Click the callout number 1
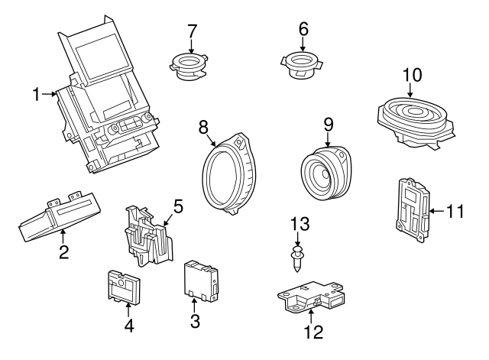[37, 95]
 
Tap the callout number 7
[193, 31]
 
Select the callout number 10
[413, 75]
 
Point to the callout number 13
[300, 224]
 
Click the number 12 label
[314, 332]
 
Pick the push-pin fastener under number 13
[297, 258]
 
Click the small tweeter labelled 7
[189, 66]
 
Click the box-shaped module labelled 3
[201, 281]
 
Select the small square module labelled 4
[124, 287]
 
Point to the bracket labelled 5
[148, 235]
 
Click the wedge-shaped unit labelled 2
[60, 217]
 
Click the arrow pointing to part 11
[438, 212]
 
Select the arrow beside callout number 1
[49, 94]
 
